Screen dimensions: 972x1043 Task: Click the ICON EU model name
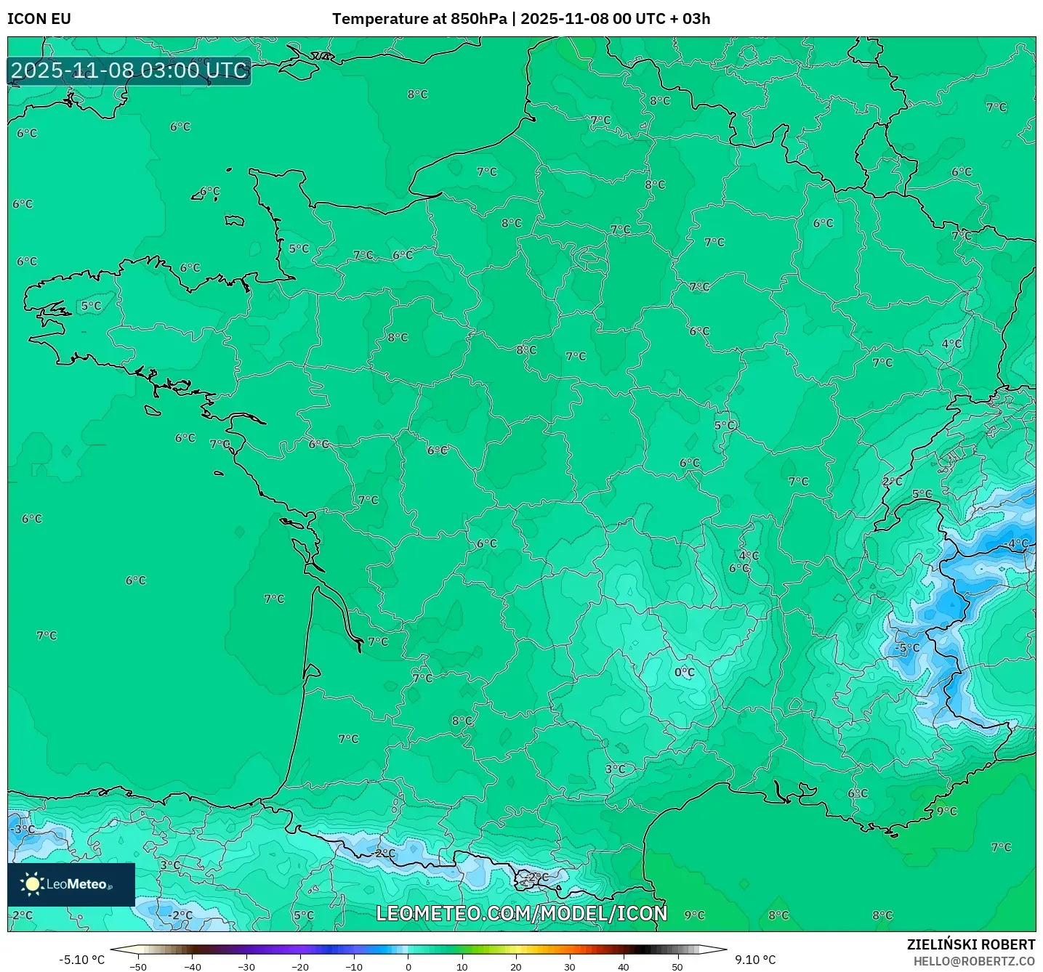(x=39, y=19)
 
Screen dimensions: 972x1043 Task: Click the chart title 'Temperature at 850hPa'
(x=419, y=19)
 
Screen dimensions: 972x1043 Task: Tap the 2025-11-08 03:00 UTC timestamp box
(x=129, y=71)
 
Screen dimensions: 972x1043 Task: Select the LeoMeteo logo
(x=71, y=884)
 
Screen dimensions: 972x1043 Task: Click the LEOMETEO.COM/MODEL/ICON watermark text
(x=521, y=913)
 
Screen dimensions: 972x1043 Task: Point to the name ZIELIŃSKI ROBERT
(x=970, y=944)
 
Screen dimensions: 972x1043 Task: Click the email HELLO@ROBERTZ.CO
(x=973, y=961)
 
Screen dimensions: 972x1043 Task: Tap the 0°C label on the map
(x=685, y=673)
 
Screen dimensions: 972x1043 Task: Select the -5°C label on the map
(x=907, y=648)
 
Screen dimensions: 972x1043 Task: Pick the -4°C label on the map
(x=1017, y=543)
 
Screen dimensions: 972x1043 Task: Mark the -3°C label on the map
(x=23, y=829)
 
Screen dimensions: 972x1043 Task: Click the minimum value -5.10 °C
(x=81, y=960)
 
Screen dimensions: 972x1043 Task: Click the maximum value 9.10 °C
(x=755, y=960)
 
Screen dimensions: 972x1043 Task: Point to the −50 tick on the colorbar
(x=137, y=967)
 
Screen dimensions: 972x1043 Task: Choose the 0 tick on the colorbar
(x=408, y=967)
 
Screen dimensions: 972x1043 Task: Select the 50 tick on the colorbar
(x=677, y=967)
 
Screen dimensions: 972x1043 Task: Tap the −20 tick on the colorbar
(x=299, y=967)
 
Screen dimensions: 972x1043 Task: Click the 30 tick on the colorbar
(x=569, y=967)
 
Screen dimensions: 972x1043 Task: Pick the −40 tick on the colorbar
(x=192, y=967)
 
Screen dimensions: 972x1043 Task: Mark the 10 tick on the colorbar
(x=462, y=967)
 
